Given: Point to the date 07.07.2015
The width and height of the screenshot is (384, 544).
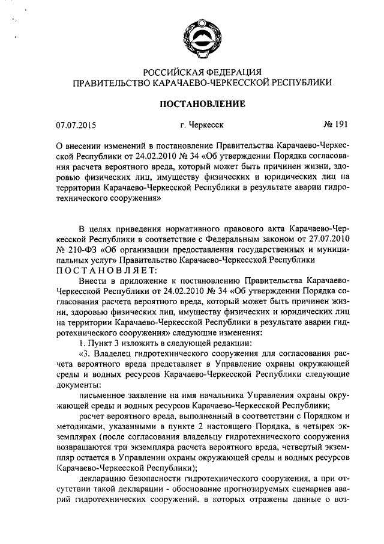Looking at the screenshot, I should (76, 126).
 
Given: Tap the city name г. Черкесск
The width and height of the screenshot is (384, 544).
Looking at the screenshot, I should (200, 126).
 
